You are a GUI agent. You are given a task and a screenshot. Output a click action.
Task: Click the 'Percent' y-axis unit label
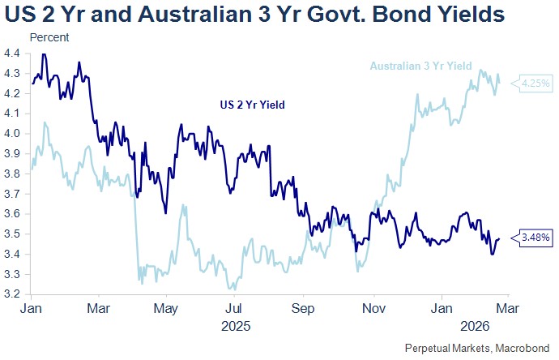[x=49, y=38]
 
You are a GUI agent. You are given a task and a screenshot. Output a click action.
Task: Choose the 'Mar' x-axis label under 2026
[x=508, y=309]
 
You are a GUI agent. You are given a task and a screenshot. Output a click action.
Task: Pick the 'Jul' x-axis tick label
[x=233, y=309]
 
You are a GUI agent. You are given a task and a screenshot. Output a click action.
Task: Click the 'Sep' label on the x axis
[x=302, y=309]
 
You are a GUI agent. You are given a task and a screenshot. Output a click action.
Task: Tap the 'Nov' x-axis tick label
[x=372, y=309]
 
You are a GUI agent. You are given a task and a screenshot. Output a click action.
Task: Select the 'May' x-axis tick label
[x=165, y=309]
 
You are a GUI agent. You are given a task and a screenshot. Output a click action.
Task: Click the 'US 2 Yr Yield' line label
[x=254, y=105]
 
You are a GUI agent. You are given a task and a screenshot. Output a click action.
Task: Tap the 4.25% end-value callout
[x=536, y=83]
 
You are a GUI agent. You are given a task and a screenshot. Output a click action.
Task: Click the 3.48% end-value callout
[x=536, y=238]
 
